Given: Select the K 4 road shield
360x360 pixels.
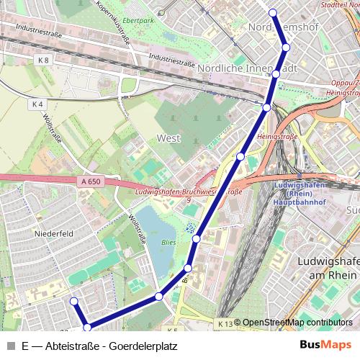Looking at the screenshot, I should [38, 104].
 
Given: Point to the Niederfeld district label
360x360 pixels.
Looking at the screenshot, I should [54, 234].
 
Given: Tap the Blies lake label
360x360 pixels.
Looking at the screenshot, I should [168, 243].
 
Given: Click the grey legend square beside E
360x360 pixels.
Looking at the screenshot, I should [10, 346].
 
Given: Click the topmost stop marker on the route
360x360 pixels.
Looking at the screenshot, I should [273, 12].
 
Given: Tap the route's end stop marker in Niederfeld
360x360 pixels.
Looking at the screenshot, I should [73, 301].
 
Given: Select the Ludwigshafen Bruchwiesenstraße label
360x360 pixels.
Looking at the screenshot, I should [189, 193].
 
